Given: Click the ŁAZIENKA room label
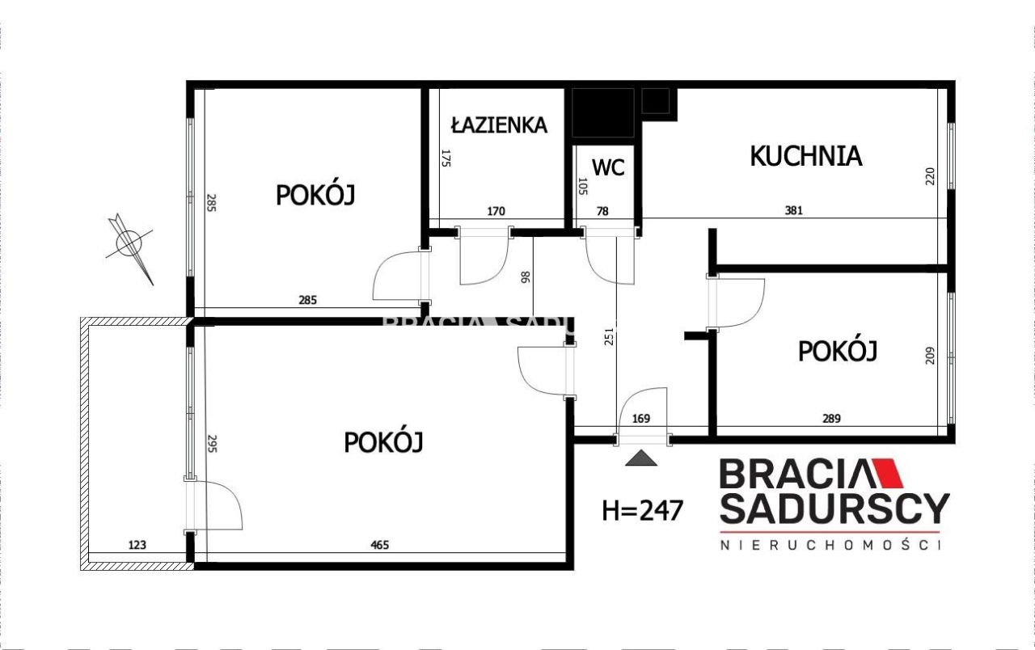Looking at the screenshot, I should [x=499, y=125].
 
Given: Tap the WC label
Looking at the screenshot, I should [x=608, y=167].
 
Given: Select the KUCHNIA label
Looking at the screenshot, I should [x=805, y=155].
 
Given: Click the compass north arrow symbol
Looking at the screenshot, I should [x=130, y=243].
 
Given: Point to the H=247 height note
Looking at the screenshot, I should [x=643, y=510].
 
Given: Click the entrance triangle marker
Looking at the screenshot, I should [x=643, y=458].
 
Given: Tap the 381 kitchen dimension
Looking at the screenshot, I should [x=793, y=211].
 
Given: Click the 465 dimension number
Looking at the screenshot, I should [x=379, y=545].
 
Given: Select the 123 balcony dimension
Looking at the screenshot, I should [x=137, y=545].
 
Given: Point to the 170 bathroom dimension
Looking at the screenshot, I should [x=496, y=211].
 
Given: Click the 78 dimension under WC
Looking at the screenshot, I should [x=602, y=211].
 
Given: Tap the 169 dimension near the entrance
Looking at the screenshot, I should [x=641, y=419].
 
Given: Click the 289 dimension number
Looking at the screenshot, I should [x=831, y=419].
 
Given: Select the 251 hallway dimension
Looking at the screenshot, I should [x=610, y=337].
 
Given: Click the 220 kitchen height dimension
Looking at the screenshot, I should [x=930, y=177].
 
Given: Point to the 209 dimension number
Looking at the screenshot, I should [x=930, y=356].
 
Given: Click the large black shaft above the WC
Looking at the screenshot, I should [x=602, y=112].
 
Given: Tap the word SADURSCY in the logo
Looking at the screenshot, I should [x=834, y=509].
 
